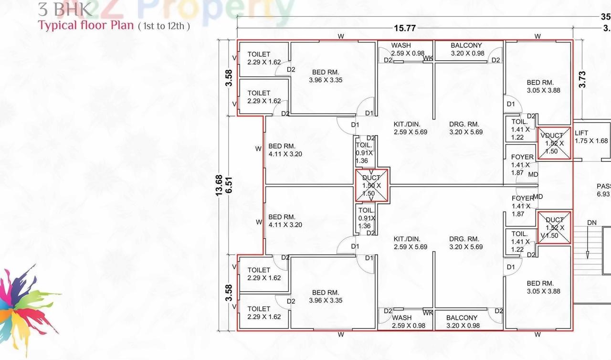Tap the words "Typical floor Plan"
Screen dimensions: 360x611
point(86,25)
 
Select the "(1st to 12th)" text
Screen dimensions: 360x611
point(164,26)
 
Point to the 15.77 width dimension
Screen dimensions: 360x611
point(405,28)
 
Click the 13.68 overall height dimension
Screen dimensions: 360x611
point(219,184)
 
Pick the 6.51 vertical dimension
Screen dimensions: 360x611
point(229,184)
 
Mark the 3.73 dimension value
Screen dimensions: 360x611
point(582,79)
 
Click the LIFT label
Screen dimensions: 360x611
point(581,133)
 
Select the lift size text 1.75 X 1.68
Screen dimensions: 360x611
point(591,141)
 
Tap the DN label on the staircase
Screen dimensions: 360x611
point(592,222)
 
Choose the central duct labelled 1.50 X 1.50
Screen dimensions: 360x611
point(372,185)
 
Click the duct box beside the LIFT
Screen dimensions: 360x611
point(554,143)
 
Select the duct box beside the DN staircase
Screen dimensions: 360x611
point(554,228)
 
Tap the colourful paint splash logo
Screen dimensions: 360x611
point(26,306)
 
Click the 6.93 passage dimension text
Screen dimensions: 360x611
point(603,194)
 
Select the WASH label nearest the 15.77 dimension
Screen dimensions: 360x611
point(401,45)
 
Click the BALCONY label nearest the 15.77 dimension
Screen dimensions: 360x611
point(466,45)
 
